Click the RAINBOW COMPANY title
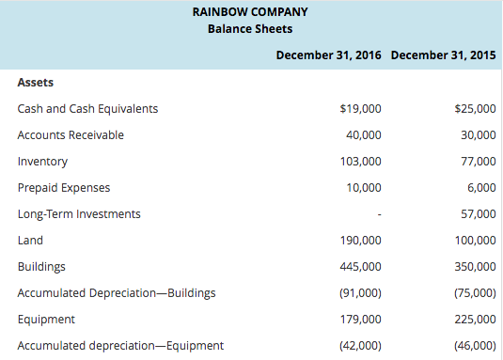click(249, 12)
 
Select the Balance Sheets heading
click(249, 29)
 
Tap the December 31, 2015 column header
click(443, 55)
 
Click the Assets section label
click(36, 82)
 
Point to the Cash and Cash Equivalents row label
click(87, 108)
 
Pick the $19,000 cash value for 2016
click(360, 108)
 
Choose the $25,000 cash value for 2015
click(475, 108)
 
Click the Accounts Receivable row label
click(71, 134)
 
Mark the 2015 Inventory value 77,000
click(479, 161)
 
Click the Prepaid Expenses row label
click(64, 187)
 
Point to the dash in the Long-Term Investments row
click(378, 214)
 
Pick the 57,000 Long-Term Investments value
click(479, 213)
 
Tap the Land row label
click(30, 240)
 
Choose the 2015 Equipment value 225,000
click(475, 319)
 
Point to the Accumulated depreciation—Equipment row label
click(120, 345)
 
